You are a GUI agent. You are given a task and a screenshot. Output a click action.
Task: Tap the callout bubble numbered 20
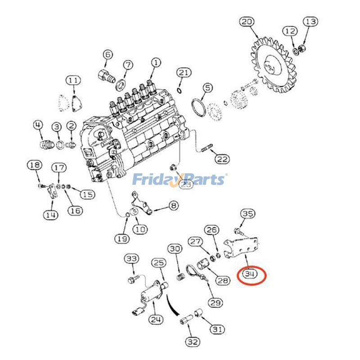[247, 21]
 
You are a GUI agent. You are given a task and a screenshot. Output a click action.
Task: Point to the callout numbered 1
[155, 63]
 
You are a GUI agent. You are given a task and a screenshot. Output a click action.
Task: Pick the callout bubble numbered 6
[108, 54]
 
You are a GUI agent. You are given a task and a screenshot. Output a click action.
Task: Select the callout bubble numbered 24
[156, 320]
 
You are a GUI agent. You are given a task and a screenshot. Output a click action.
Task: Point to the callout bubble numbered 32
[193, 342]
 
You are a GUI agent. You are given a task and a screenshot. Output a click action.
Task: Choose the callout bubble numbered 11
[73, 81]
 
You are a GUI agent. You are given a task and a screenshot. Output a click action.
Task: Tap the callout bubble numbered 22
[222, 159]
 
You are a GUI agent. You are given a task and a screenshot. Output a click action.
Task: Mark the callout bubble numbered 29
[215, 302]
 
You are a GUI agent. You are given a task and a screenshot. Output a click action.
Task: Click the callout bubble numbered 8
[173, 206]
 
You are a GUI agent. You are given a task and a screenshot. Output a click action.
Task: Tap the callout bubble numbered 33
[131, 259]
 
